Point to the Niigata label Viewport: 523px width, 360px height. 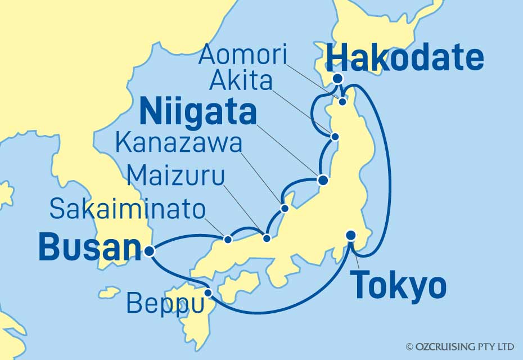[198, 112]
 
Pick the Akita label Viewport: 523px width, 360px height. [241, 82]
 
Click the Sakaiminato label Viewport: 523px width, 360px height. [127, 209]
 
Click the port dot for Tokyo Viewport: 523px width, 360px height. [351, 236]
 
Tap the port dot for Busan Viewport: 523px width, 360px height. [149, 251]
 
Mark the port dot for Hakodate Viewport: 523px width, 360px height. [337, 79]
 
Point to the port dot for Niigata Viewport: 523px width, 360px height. [323, 181]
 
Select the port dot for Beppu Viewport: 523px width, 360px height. [208, 293]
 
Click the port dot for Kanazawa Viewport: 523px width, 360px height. [285, 209]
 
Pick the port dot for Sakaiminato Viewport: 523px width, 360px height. [228, 240]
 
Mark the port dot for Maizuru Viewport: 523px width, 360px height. [267, 238]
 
